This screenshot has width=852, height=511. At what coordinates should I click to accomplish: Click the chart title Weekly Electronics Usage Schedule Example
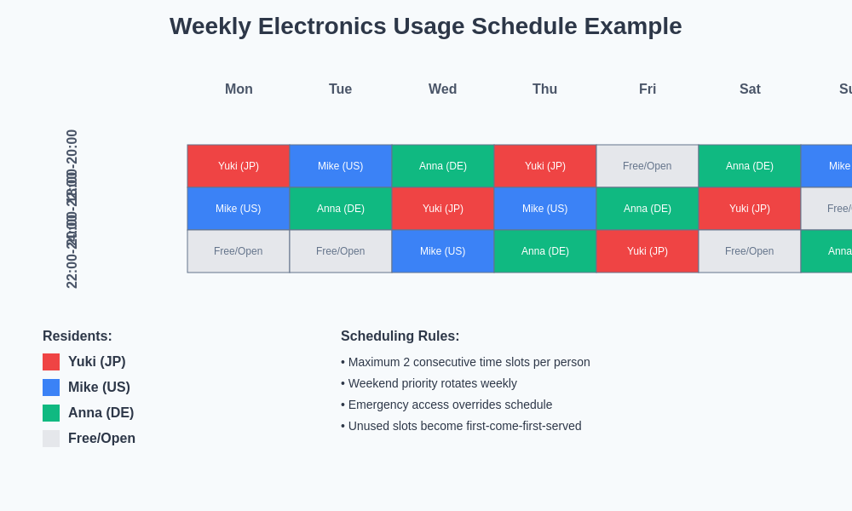point(425,26)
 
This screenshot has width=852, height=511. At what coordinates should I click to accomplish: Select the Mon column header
point(239,89)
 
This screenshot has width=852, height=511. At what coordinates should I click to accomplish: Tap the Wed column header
point(442,89)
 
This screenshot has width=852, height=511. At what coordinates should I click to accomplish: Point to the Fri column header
point(648,89)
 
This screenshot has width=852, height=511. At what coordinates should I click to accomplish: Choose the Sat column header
point(750,89)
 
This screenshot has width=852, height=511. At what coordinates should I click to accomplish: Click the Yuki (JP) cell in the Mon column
point(239,166)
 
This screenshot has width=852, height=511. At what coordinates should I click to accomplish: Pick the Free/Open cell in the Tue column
point(341,251)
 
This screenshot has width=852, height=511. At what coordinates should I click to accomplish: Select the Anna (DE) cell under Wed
point(443,166)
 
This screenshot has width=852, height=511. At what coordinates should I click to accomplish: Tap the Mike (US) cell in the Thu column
point(545,209)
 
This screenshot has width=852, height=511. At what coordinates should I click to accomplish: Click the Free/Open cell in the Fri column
point(648,166)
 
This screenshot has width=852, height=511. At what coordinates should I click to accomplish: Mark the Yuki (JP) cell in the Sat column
point(750,209)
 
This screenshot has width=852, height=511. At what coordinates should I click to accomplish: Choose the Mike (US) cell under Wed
point(443,251)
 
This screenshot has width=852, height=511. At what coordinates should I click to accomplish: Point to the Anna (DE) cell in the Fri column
point(648,209)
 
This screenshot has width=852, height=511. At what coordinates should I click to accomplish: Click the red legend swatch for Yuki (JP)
point(51,362)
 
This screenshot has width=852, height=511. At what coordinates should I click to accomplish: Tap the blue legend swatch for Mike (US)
point(51,388)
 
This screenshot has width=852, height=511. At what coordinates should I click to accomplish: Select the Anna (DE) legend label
point(101,413)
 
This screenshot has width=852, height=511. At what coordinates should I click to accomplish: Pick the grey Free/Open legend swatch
point(51,439)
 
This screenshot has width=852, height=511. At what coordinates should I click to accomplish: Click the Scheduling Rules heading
point(400,336)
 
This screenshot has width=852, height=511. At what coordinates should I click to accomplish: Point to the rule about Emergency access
point(449,405)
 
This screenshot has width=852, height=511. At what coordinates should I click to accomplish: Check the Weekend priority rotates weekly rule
point(432,383)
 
